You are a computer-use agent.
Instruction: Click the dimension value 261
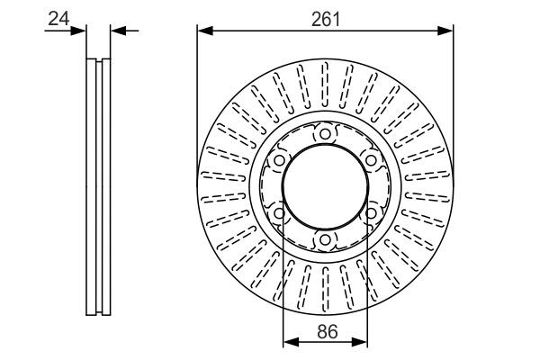pos(326,19)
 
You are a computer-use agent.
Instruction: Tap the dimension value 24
pos(58,19)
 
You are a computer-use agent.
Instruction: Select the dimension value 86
pos(328,332)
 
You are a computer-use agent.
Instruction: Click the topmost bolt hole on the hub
pos(325,134)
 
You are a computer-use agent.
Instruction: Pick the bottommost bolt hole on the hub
pos(325,239)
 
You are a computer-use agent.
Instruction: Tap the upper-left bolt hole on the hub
pos(279,160)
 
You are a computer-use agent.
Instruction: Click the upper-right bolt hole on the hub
pos(371,160)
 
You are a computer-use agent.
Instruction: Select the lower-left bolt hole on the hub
pos(279,213)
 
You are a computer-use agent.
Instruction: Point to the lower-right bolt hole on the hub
pos(371,213)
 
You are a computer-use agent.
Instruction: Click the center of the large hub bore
pos(325,186)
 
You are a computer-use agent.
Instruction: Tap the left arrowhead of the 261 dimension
pos(205,31)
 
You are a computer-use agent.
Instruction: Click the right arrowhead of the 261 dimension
pos(445,31)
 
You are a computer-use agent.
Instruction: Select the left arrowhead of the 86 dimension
pos(291,342)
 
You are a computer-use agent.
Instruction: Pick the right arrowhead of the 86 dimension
pos(359,342)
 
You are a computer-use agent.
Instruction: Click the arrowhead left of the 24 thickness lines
pos(78,31)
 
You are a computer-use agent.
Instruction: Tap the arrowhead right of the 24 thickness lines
pos(118,31)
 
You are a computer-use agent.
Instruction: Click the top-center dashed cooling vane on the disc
pos(325,85)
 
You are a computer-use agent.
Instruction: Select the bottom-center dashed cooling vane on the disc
pos(326,289)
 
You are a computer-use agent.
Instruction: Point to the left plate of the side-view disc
pos(91,186)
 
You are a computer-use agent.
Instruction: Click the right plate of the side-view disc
pos(106,186)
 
